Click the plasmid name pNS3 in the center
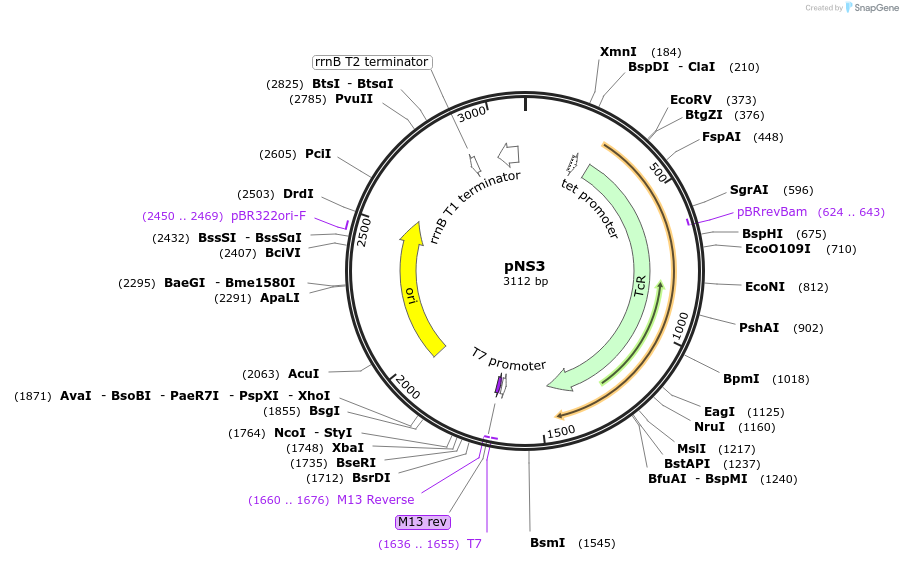coord(525,266)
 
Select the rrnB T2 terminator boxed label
coord(372,62)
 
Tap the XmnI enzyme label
coord(618,52)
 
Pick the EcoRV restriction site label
coord(691,100)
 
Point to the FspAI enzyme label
coord(721,137)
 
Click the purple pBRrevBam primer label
coord(771,212)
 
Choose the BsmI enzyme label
coord(547,543)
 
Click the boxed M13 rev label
coord(423,522)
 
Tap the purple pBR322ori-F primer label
coord(268,216)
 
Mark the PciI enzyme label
coord(318,154)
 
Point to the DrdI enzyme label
coord(298,194)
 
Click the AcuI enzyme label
coord(304,374)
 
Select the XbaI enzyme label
coord(348,448)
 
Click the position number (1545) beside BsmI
coord(596,544)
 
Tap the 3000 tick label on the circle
coord(471,114)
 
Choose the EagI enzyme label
coord(719,412)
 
